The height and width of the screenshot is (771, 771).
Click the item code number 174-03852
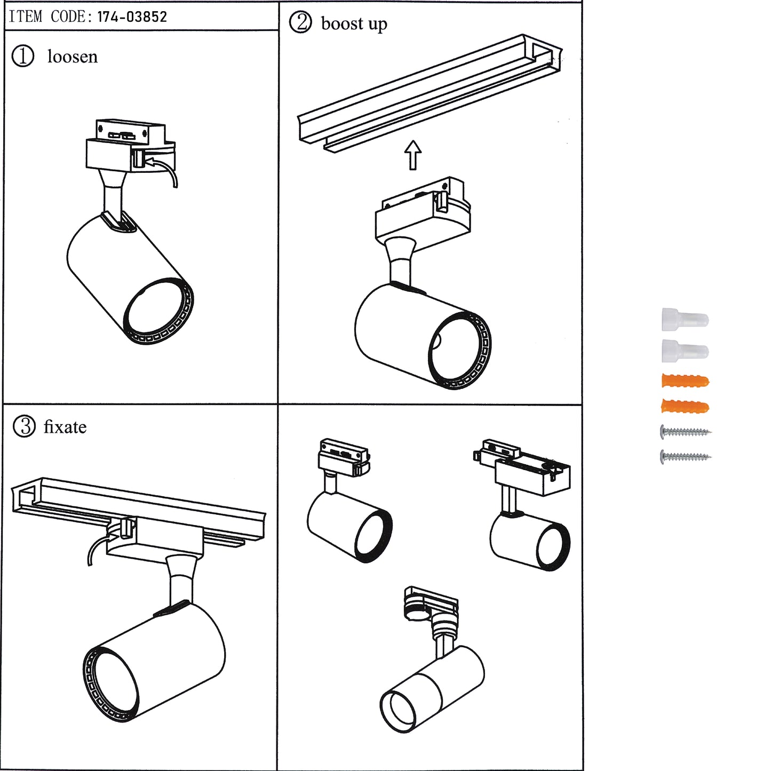[132, 17]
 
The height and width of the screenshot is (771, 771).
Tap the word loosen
[72, 57]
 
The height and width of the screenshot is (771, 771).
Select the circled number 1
[23, 56]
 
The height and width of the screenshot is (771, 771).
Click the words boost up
[354, 24]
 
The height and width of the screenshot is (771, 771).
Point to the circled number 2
[300, 22]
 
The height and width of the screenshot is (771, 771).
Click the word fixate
[65, 427]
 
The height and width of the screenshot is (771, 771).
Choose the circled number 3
[24, 427]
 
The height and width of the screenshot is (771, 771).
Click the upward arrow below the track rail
[412, 155]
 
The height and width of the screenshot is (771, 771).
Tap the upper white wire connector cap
[685, 320]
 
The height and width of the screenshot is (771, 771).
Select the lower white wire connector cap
[685, 350]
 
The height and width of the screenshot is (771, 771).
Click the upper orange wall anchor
[685, 381]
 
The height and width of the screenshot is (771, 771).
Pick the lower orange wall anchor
[685, 407]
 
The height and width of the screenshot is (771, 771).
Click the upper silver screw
[686, 431]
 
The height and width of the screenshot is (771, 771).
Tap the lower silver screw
[686, 457]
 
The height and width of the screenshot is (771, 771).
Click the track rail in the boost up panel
[427, 91]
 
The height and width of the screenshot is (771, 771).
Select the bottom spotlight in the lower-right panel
[432, 683]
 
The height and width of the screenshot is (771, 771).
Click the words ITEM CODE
[47, 17]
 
